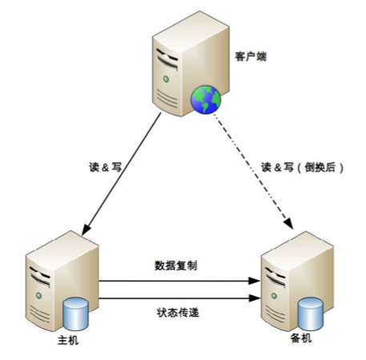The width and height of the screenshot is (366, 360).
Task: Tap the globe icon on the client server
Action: pos(205,100)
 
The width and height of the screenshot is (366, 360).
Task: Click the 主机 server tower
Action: pos(58,281)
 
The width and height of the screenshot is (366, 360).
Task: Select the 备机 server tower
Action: pos(292,281)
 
